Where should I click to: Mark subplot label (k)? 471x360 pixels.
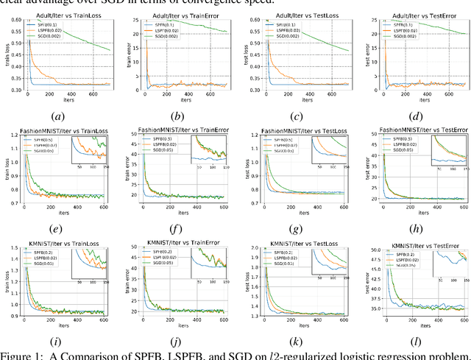pos(297,342)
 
